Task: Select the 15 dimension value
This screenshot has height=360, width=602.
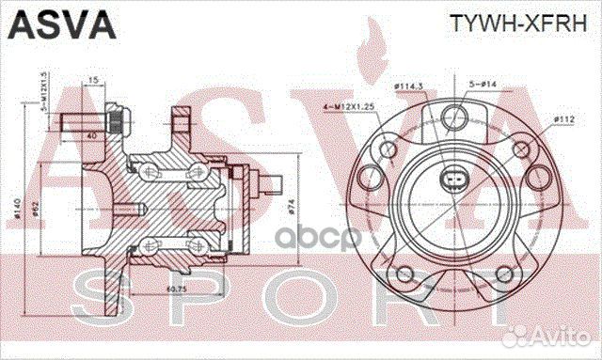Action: (x=93, y=80)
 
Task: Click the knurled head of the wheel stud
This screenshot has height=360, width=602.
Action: (x=117, y=121)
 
